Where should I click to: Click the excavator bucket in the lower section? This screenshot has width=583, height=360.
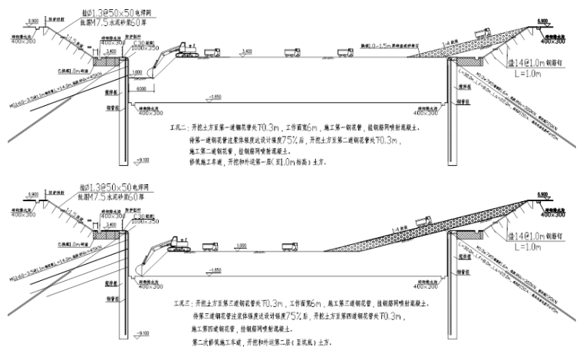pos(140,269)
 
